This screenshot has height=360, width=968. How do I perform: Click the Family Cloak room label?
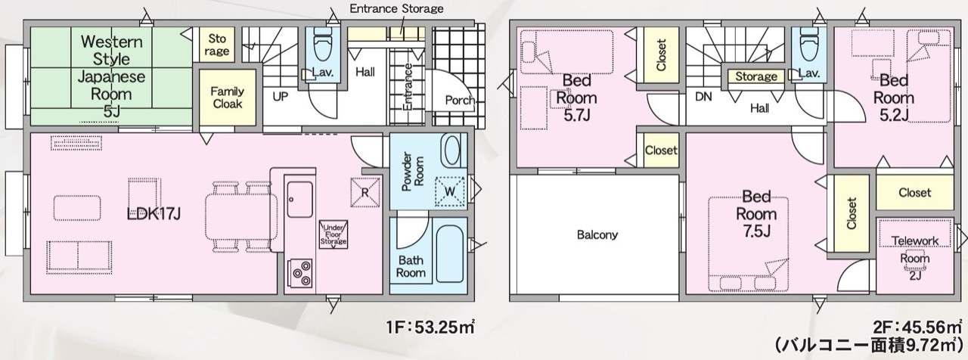[228, 98]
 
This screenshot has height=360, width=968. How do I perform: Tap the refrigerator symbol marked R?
[365, 192]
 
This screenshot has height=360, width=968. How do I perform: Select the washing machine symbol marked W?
[449, 191]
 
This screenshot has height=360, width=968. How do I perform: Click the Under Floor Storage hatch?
[334, 234]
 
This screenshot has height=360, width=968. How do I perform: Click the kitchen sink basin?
[299, 200]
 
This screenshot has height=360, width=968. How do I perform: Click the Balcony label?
[597, 234]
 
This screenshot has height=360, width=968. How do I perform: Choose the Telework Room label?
[915, 257]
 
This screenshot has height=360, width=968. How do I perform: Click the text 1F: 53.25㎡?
[430, 327]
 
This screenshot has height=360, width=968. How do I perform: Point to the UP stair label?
[280, 96]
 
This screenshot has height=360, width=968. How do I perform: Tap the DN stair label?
[703, 96]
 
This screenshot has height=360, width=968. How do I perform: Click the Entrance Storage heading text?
[396, 8]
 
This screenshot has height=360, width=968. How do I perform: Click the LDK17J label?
[154, 213]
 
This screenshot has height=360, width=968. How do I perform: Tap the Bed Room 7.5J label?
[757, 214]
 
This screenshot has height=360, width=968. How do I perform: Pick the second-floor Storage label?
[756, 76]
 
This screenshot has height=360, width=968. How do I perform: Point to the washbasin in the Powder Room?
[451, 150]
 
